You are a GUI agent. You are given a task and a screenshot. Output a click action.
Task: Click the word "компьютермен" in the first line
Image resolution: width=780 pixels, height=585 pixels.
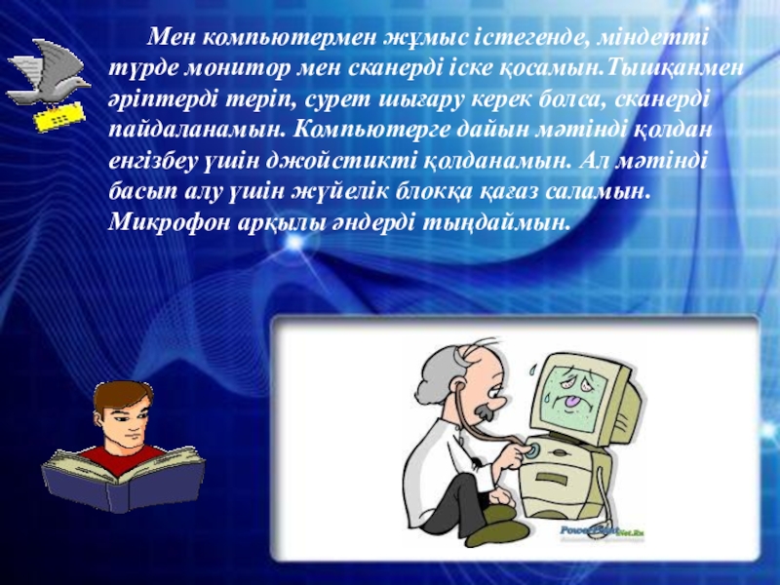click(x=289, y=38)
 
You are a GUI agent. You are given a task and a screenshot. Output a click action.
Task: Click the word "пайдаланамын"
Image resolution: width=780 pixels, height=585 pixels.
click(x=197, y=131)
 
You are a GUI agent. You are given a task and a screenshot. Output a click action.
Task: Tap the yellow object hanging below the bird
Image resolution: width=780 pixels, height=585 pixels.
click(x=59, y=117)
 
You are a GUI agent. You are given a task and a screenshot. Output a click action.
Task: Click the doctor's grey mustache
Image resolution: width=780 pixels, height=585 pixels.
click(x=484, y=410)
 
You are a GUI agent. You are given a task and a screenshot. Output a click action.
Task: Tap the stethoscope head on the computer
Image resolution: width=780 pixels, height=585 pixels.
click(x=533, y=450)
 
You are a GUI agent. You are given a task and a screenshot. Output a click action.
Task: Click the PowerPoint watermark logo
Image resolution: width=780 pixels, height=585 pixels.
click(x=602, y=530)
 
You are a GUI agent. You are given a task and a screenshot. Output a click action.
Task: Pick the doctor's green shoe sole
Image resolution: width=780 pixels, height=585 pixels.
click(x=492, y=536)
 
